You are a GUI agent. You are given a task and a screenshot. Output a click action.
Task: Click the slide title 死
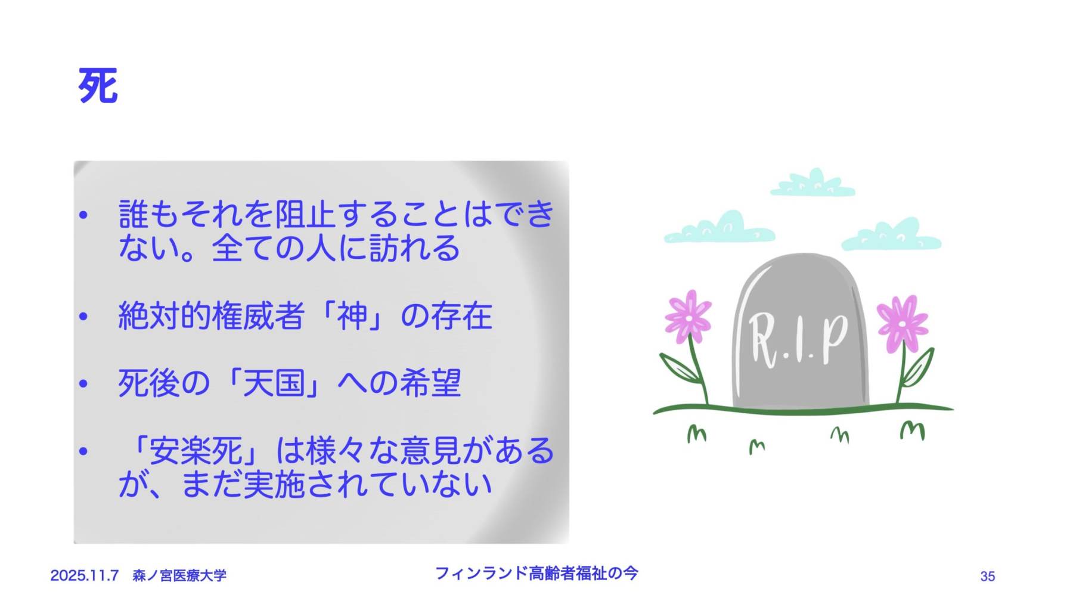[98, 86]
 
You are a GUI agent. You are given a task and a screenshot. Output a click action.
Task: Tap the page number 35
[987, 576]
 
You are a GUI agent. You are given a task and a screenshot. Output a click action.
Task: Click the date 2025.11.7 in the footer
[84, 575]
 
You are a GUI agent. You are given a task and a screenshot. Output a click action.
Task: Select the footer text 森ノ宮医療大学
[179, 575]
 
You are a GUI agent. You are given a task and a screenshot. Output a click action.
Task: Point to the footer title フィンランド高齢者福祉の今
[536, 573]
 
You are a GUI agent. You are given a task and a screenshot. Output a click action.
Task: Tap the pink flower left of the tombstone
[688, 317]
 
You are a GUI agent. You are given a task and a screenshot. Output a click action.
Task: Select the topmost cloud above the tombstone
[813, 183]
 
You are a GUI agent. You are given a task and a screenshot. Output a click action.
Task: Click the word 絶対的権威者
[212, 315]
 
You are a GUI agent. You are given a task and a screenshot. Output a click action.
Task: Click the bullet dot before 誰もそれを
[83, 215]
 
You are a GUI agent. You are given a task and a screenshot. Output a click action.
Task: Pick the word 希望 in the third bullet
[430, 383]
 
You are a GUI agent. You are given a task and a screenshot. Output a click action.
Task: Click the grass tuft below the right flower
[912, 430]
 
